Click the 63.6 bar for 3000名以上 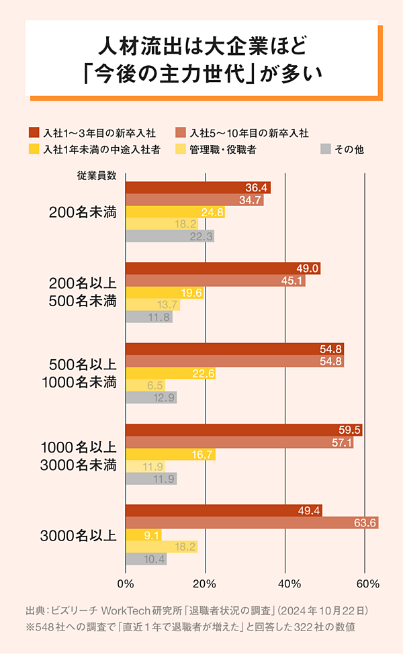tap(252, 523)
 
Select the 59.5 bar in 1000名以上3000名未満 tap(244, 430)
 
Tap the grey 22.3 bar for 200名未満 tap(169, 236)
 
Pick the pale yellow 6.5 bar tap(145, 385)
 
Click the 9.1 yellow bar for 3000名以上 tap(143, 535)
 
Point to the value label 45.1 tap(292, 281)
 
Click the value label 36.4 tap(257, 187)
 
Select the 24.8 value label tap(212, 212)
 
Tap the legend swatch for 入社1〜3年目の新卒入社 tap(34, 133)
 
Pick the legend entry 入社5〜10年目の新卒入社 tap(249, 133)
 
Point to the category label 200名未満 tap(83, 212)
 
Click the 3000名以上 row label tap(78, 535)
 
